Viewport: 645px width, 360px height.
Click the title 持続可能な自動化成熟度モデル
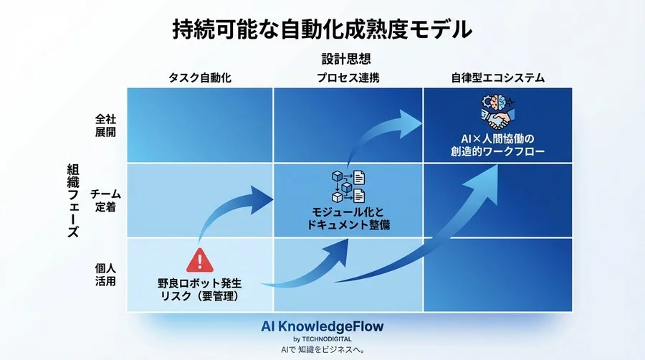click(322, 29)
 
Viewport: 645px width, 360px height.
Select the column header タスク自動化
click(200, 77)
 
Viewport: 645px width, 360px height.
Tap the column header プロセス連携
click(348, 77)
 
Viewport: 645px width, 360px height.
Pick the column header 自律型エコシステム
click(497, 77)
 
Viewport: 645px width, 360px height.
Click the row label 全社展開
click(105, 126)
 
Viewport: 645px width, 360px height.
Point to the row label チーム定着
click(105, 200)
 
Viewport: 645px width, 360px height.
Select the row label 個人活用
click(105, 274)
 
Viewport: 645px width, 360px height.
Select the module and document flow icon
click(348, 186)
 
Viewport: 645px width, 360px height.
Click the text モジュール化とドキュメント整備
click(348, 219)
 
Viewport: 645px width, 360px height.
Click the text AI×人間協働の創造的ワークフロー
click(494, 144)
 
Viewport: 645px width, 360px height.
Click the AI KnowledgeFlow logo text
click(322, 326)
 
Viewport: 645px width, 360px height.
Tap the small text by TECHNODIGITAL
click(322, 338)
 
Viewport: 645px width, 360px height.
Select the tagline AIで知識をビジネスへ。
click(322, 350)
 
